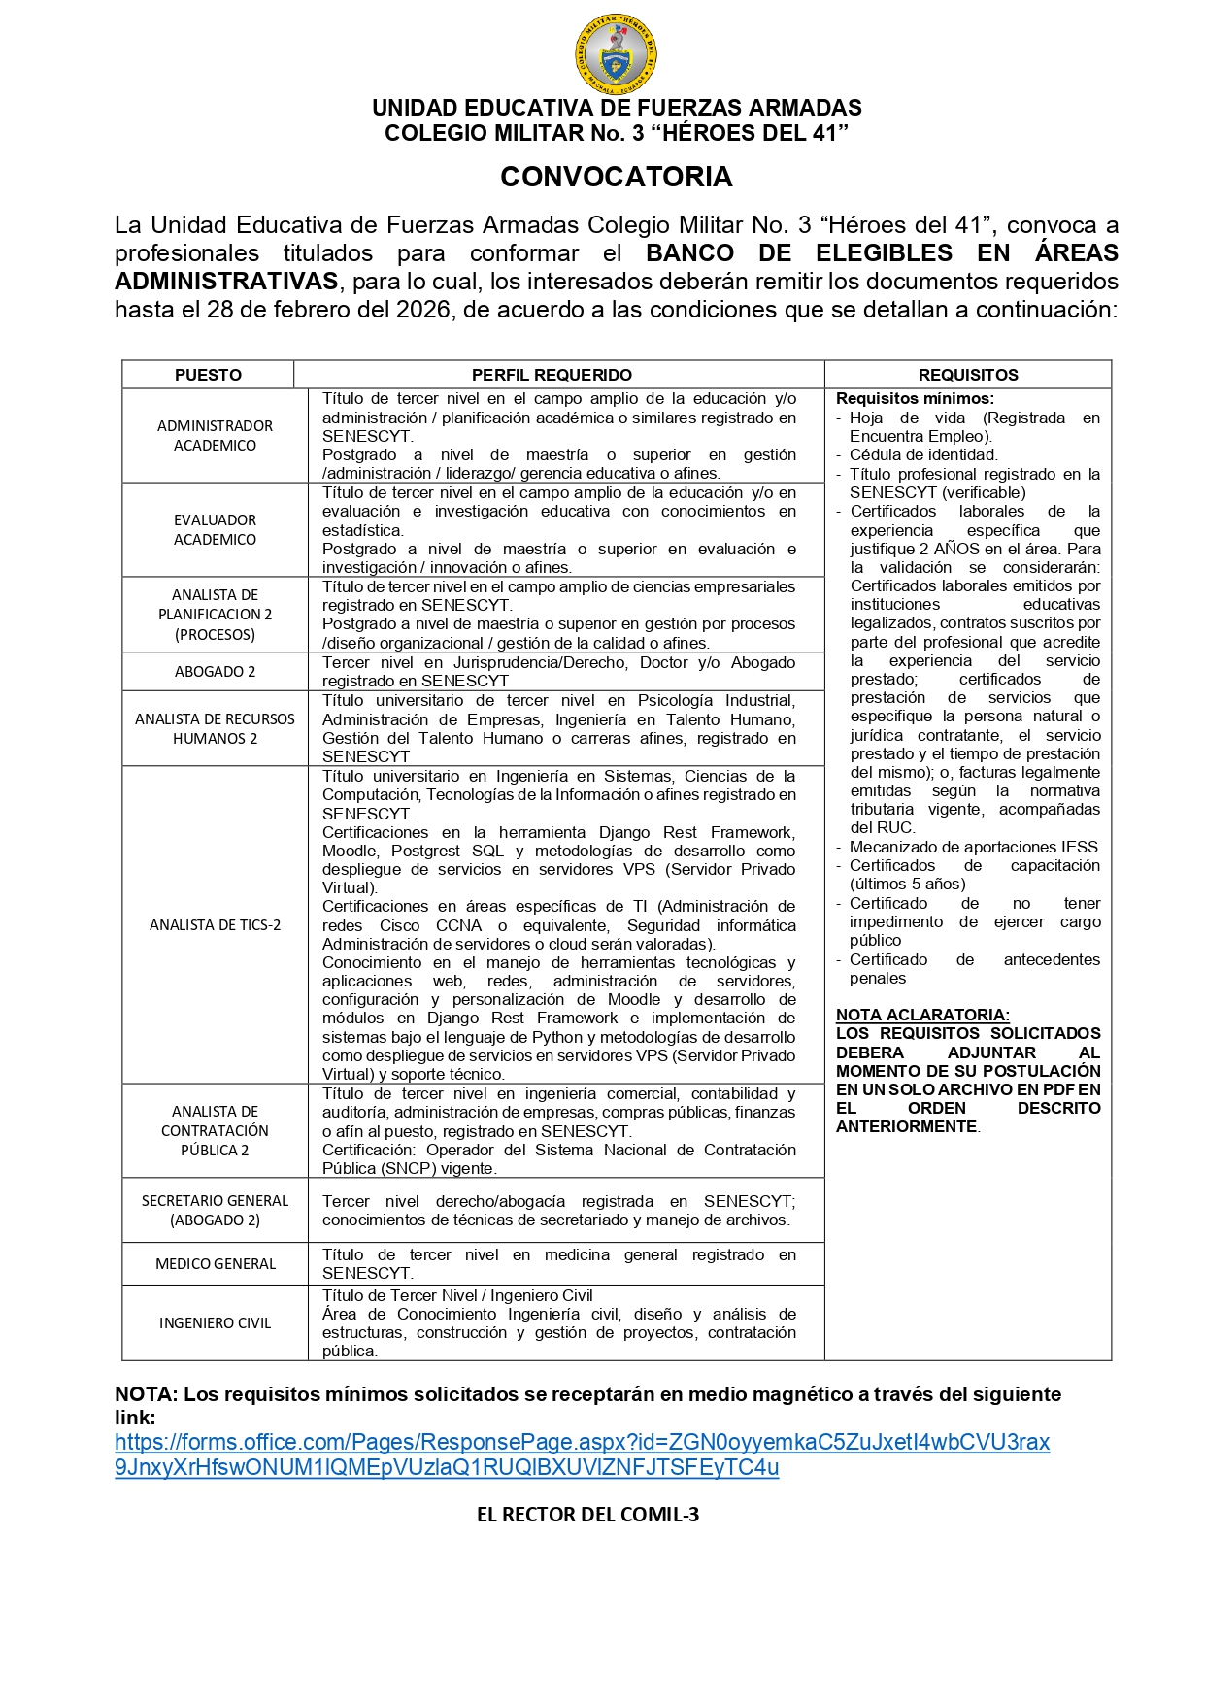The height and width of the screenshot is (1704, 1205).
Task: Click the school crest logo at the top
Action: click(x=616, y=55)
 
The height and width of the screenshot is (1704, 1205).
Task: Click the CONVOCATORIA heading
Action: click(x=616, y=177)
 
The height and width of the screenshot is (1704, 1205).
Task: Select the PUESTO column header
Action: click(x=208, y=375)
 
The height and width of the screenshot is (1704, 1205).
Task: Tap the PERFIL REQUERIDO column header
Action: click(x=552, y=375)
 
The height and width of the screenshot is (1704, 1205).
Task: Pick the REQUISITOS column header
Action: click(x=968, y=375)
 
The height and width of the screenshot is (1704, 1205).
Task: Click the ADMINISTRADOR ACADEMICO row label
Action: click(x=215, y=436)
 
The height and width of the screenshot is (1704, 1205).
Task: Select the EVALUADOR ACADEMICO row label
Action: click(x=215, y=530)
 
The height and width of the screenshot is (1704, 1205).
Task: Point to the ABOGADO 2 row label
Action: click(x=215, y=672)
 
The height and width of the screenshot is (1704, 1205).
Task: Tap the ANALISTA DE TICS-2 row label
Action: click(x=215, y=925)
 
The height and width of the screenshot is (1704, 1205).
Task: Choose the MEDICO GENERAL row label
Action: click(x=215, y=1264)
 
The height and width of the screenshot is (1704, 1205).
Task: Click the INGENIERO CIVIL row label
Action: click(x=215, y=1323)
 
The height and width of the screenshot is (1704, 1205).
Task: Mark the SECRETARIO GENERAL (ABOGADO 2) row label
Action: click(x=215, y=1211)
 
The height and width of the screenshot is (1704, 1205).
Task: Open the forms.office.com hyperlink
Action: click(x=582, y=1454)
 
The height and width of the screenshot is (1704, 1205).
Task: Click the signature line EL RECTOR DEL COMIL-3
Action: click(x=587, y=1515)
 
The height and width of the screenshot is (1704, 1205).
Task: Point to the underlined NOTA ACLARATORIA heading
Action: click(x=922, y=1015)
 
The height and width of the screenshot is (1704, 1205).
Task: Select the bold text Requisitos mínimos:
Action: click(x=915, y=398)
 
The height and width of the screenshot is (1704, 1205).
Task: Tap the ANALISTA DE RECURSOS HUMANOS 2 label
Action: click(x=215, y=729)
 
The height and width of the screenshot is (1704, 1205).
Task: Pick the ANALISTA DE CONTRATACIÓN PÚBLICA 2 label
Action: click(x=215, y=1131)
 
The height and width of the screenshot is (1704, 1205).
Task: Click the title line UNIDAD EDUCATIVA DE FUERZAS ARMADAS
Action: click(x=617, y=108)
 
